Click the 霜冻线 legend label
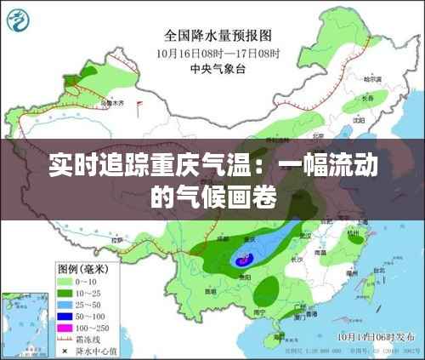pyautogui.click(x=93, y=339)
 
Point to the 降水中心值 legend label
pyautogui.click(x=99, y=350)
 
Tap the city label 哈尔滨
pyautogui.click(x=371, y=79)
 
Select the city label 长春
pyautogui.click(x=367, y=99)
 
